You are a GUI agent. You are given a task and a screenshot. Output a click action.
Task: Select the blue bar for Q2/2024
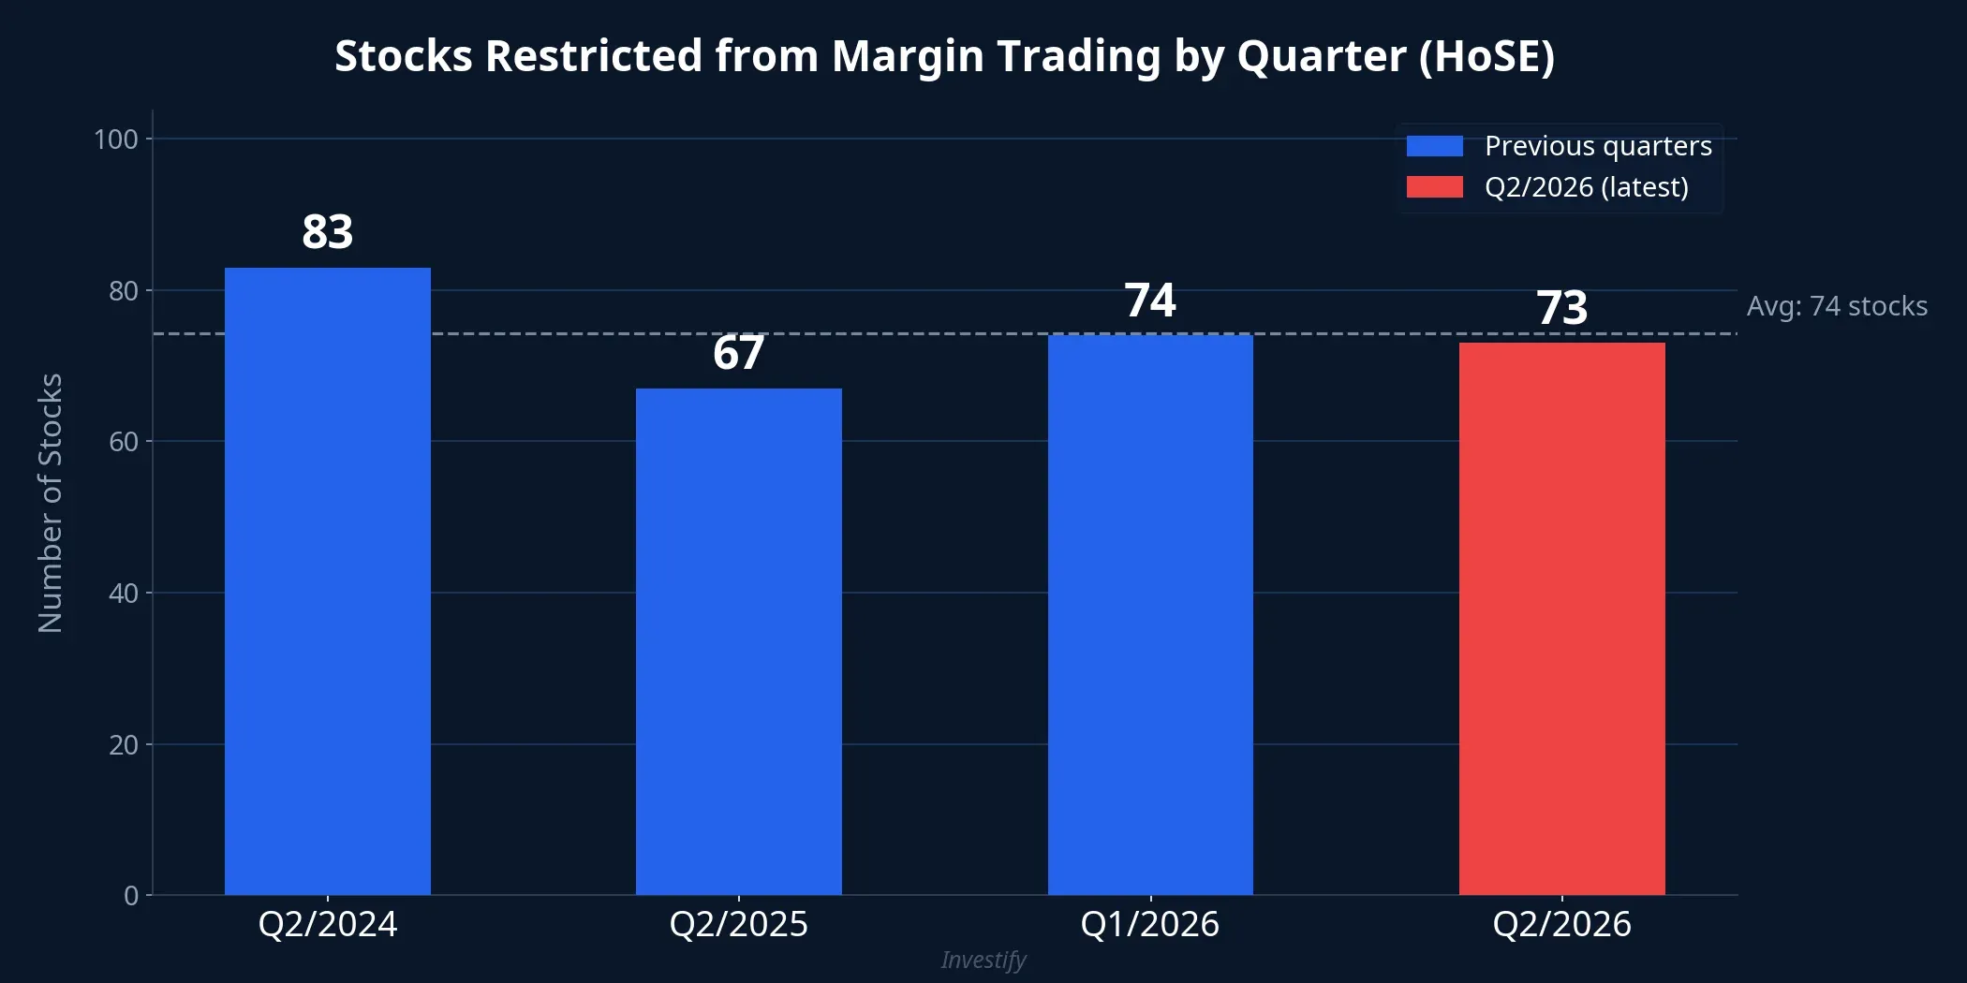[x=327, y=580]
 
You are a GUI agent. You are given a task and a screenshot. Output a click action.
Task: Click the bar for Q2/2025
[x=738, y=641]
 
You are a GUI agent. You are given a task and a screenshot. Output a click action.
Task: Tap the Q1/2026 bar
[x=1150, y=613]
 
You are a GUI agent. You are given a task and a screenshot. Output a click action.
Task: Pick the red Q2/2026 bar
[x=1561, y=618]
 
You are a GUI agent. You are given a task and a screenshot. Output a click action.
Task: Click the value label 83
[x=327, y=231]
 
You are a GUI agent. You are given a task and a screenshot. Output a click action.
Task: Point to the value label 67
[x=738, y=353]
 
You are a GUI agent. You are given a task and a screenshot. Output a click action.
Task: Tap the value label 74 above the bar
[x=1150, y=301]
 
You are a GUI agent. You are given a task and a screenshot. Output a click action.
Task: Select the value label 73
[x=1561, y=308]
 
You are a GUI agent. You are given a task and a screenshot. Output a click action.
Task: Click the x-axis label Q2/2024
[x=327, y=924]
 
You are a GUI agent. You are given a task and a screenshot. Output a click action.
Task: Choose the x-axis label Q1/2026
[x=1150, y=924]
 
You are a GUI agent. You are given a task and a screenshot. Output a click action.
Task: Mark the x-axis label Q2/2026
[x=1561, y=924]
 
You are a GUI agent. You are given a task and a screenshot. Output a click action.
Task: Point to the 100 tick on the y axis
[x=116, y=139]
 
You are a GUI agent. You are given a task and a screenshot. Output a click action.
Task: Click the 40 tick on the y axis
[x=123, y=593]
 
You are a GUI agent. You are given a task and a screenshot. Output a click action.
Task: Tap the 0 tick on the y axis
[x=131, y=896]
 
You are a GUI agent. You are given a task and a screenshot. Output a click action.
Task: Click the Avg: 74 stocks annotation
[x=1837, y=306]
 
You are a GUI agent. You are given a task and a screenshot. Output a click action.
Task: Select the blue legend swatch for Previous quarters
[x=1434, y=146]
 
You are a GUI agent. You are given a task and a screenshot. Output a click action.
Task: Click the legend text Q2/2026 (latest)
[x=1587, y=187]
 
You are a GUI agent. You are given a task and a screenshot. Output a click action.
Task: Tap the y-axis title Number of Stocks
[x=51, y=503]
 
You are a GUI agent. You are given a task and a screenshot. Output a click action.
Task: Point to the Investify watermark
[x=983, y=960]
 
